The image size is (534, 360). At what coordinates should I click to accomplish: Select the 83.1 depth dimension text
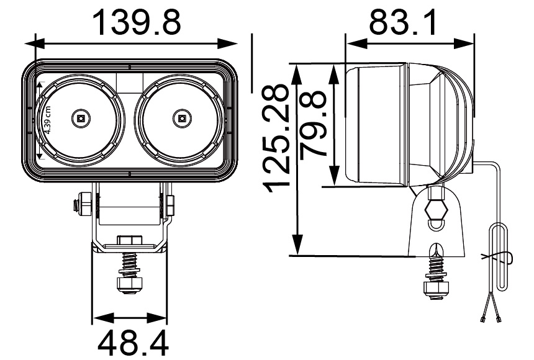pyautogui.click(x=403, y=22)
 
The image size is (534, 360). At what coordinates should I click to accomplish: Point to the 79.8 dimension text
pyautogui.click(x=314, y=124)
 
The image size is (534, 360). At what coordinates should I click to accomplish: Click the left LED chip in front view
pyautogui.click(x=80, y=117)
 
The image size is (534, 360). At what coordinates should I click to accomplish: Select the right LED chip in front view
pyautogui.click(x=181, y=117)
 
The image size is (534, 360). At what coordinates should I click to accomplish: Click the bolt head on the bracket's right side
pyautogui.click(x=168, y=204)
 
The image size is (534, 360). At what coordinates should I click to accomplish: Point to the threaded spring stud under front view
pyautogui.click(x=130, y=264)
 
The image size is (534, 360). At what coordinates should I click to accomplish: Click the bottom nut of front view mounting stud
pyautogui.click(x=130, y=283)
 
